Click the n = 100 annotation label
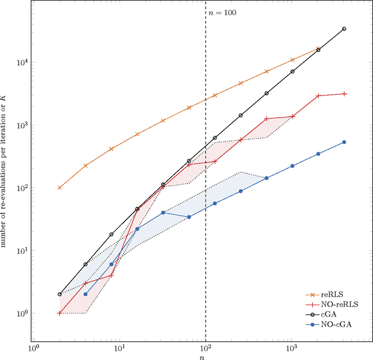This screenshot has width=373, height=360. [223, 12]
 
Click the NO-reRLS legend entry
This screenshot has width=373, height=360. [340, 304]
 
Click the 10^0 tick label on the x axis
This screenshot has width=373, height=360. [34, 348]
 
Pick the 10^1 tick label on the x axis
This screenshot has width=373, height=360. [119, 348]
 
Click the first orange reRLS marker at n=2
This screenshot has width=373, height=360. [59, 188]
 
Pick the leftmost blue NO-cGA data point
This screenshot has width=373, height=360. [85, 294]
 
